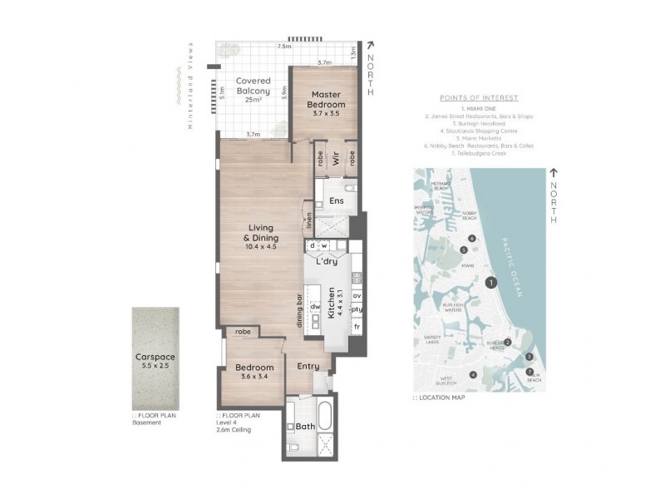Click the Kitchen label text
click(x=331, y=303)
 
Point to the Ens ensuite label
click(x=337, y=201)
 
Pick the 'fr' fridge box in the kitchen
click(x=357, y=328)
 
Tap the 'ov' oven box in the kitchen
click(x=357, y=295)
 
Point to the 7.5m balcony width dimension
click(x=285, y=47)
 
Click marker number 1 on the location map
click(x=492, y=283)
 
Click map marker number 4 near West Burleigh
click(x=473, y=375)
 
